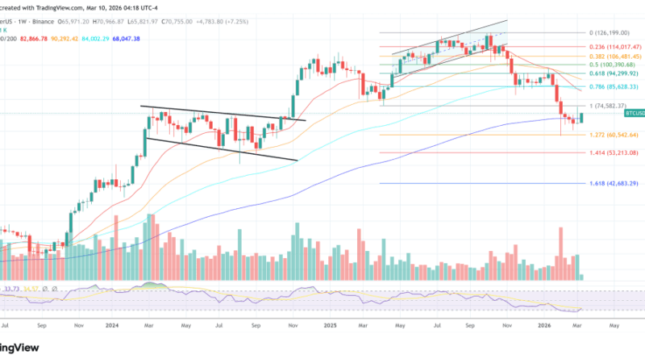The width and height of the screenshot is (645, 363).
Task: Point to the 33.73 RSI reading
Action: coord(12,288)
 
